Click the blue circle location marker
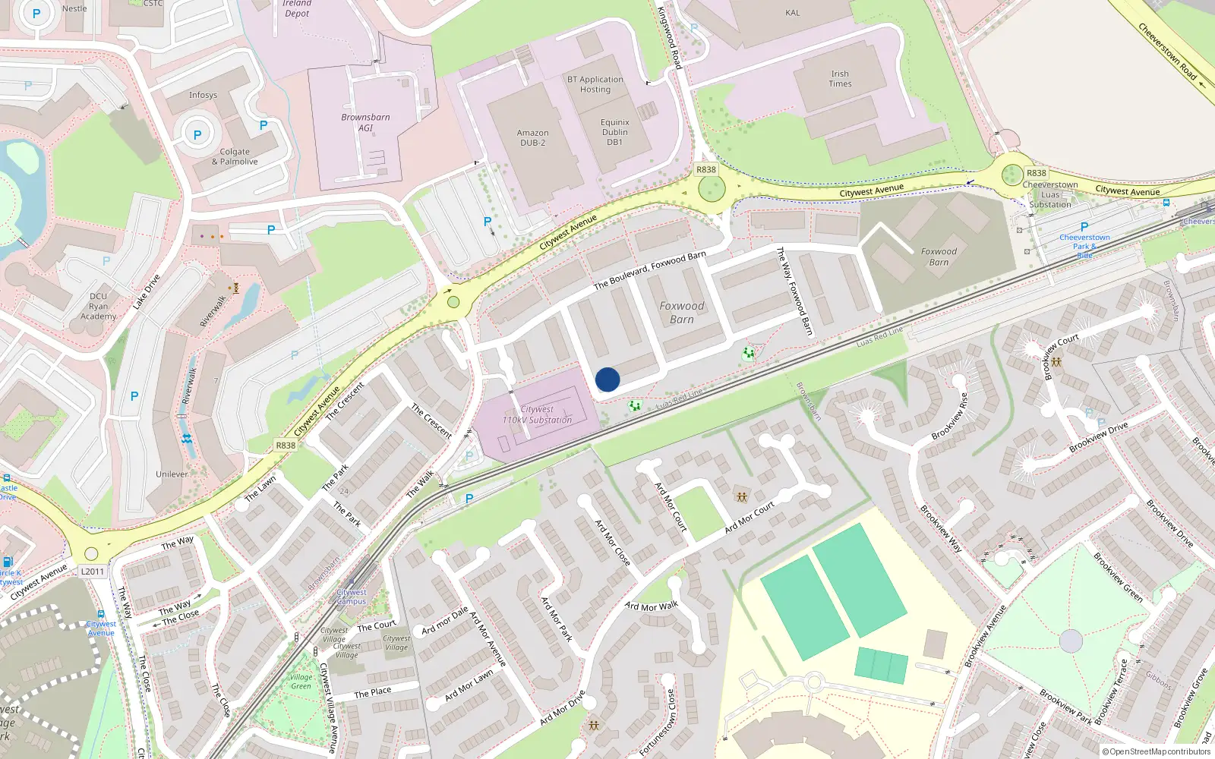(x=607, y=379)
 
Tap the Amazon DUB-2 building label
(x=532, y=137)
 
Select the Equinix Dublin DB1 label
(x=614, y=132)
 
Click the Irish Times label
(x=840, y=79)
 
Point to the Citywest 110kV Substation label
(x=537, y=414)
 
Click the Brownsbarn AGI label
(x=365, y=122)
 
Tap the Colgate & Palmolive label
(x=235, y=156)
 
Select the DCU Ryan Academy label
(x=99, y=306)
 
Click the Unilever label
(x=172, y=474)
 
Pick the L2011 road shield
(x=93, y=572)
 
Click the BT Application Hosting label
(x=595, y=84)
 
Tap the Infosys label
(x=203, y=95)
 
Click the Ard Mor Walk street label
(x=651, y=606)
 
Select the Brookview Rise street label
(x=950, y=416)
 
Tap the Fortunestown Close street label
(x=658, y=722)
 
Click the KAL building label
(x=792, y=13)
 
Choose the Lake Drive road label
(x=147, y=291)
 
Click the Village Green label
(x=301, y=682)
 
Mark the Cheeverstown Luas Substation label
(x=1049, y=194)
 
